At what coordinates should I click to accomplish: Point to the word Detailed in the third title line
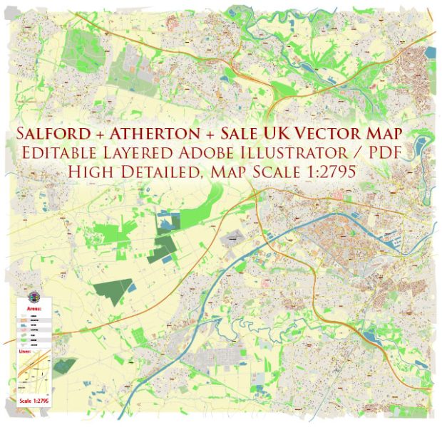tap(168, 173)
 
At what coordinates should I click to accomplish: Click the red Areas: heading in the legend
tap(34, 309)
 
